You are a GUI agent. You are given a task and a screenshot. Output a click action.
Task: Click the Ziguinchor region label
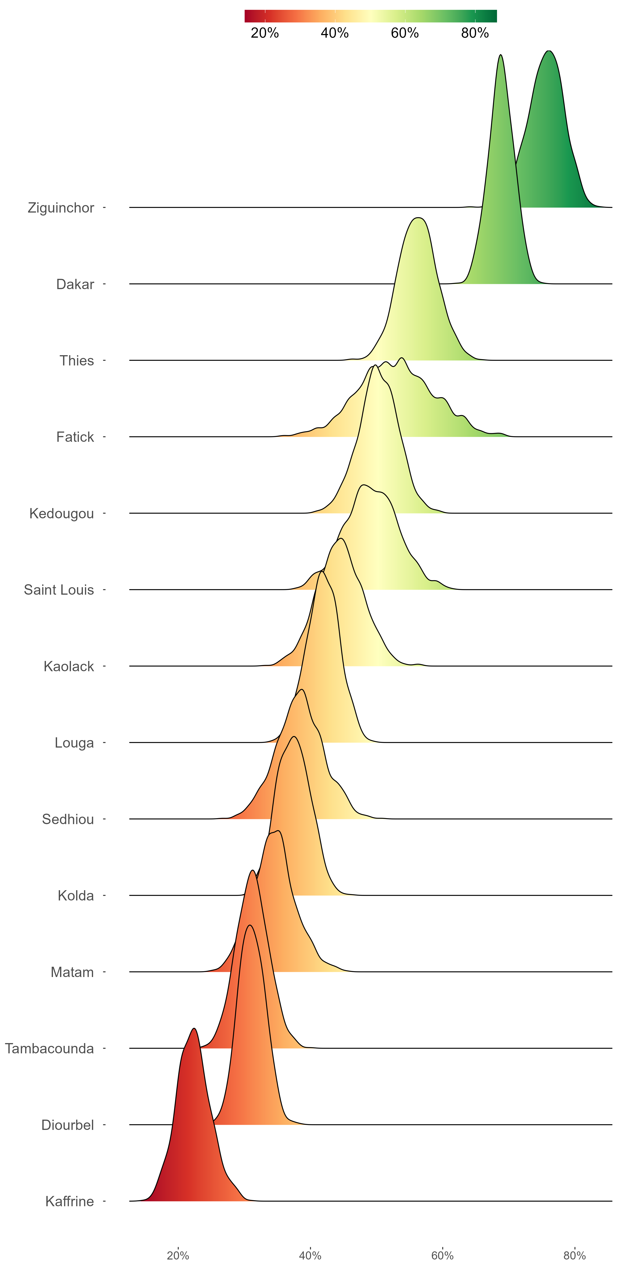coord(61,208)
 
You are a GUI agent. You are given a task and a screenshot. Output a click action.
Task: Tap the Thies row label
coord(77,361)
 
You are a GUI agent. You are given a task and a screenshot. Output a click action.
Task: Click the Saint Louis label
coord(59,590)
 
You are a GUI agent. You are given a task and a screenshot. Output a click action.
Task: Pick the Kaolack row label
coord(69,666)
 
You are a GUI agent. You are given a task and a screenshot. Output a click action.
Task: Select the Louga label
coord(74,743)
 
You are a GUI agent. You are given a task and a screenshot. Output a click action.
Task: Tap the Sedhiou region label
coord(68,819)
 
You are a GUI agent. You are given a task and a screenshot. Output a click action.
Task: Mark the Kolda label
coord(76,896)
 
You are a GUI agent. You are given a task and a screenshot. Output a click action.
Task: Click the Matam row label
coord(72,972)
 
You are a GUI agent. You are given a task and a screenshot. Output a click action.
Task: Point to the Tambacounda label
coord(49,1049)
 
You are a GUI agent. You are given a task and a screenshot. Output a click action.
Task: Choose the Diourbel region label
coord(68,1125)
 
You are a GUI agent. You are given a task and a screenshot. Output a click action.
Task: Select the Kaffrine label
coord(70,1202)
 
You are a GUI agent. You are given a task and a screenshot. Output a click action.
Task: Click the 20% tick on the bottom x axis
coord(178,1256)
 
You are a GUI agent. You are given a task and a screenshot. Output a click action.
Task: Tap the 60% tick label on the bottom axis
coord(443,1256)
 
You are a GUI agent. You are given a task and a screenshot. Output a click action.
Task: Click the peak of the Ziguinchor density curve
coord(548,51)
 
